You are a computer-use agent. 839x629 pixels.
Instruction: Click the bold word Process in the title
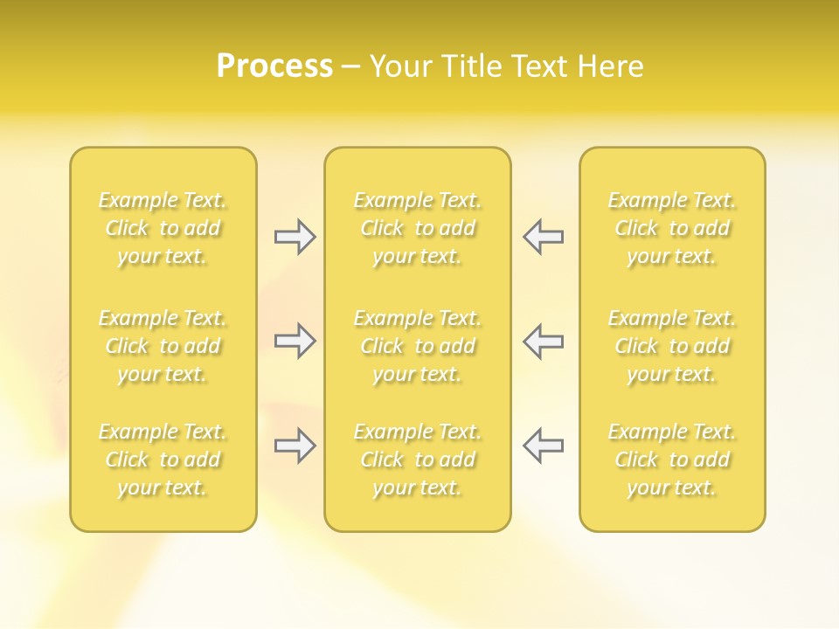click(x=274, y=66)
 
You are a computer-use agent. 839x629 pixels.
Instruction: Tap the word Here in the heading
click(x=610, y=66)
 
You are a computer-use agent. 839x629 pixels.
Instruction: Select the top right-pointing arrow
click(x=295, y=237)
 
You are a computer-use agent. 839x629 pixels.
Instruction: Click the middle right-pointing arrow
click(x=295, y=341)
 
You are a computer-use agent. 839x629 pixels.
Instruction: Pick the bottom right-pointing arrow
click(x=295, y=446)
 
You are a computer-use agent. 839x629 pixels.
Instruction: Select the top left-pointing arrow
click(x=544, y=237)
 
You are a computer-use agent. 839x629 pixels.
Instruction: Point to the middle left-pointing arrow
click(x=544, y=341)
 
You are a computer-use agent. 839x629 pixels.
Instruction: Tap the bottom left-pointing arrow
click(x=544, y=446)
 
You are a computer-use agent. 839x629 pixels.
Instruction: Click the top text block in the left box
click(x=163, y=228)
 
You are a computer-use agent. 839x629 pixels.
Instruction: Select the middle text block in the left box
click(x=163, y=346)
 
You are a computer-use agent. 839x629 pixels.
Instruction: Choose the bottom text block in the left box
click(x=163, y=460)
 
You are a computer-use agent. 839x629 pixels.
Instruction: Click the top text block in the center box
click(x=418, y=228)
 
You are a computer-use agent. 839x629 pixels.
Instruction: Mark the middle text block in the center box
click(x=418, y=346)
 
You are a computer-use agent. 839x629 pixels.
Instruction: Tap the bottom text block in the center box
click(x=418, y=460)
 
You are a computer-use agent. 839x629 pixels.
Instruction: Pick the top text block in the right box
click(x=672, y=228)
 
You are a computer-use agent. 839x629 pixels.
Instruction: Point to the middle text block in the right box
click(x=672, y=346)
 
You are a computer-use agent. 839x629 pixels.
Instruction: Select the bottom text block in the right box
click(x=672, y=460)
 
